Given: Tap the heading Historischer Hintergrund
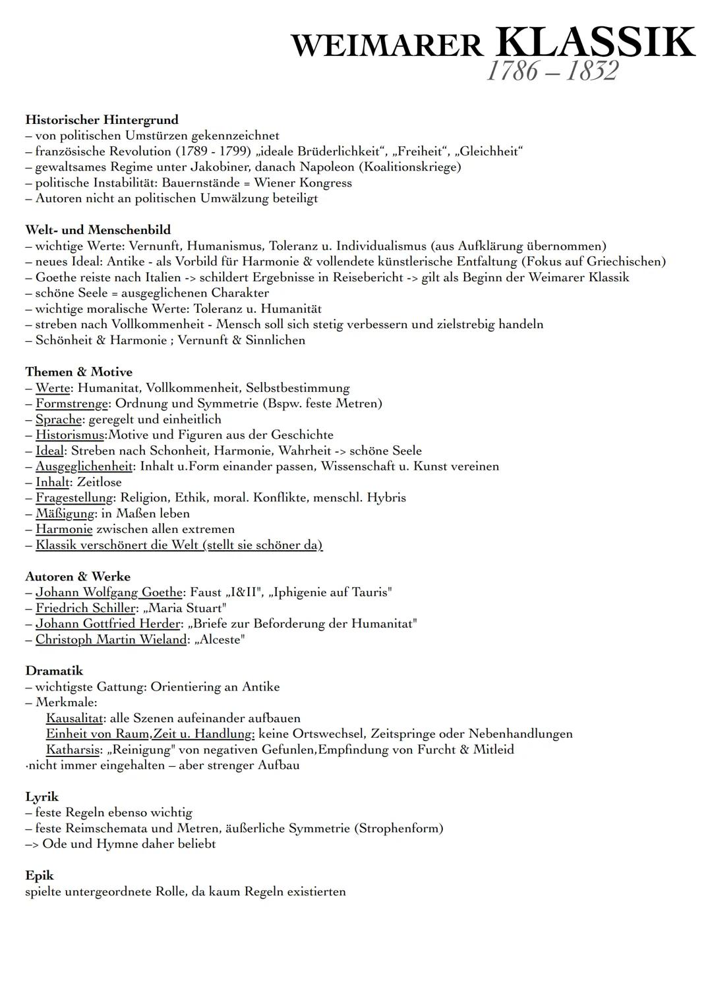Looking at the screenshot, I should [x=102, y=120].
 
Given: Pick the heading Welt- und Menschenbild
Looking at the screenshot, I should [x=98, y=230].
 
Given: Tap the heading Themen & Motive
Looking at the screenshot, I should [x=78, y=372].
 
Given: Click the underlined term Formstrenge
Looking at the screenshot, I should [x=71, y=403].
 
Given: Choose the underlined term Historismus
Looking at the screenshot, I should [x=70, y=435].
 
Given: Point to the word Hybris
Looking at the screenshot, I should [x=387, y=497].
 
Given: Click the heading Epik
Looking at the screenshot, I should [x=39, y=876].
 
